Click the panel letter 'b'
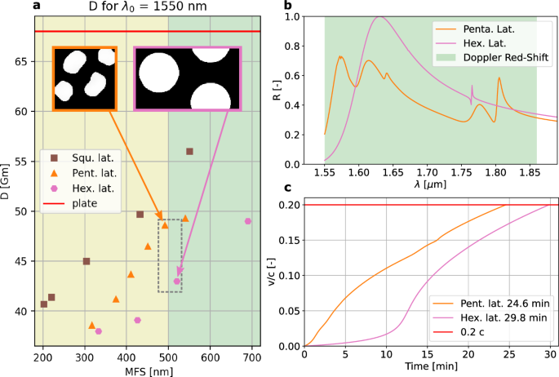[287, 7]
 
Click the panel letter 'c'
[287, 187]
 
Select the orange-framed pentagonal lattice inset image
[84, 78]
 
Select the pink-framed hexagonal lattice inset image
[188, 78]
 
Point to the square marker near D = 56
[189, 152]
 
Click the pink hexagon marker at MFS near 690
[248, 221]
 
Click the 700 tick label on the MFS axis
[251, 357]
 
